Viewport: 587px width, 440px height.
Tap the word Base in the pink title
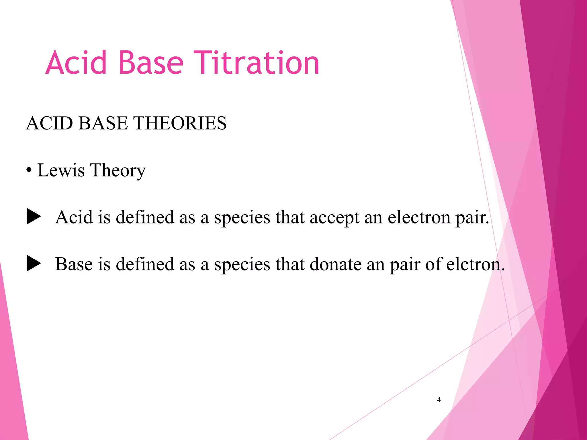(150, 63)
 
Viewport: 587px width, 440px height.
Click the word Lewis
(61, 170)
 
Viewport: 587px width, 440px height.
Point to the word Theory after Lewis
(118, 171)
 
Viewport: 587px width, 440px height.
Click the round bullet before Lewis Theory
(29, 171)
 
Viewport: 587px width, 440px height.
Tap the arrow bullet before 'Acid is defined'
(34, 217)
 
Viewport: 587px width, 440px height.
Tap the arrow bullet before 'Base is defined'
(34, 264)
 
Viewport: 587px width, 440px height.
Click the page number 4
(439, 400)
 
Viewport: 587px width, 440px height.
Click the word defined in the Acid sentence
(145, 217)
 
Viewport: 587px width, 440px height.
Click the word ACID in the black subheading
(49, 123)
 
